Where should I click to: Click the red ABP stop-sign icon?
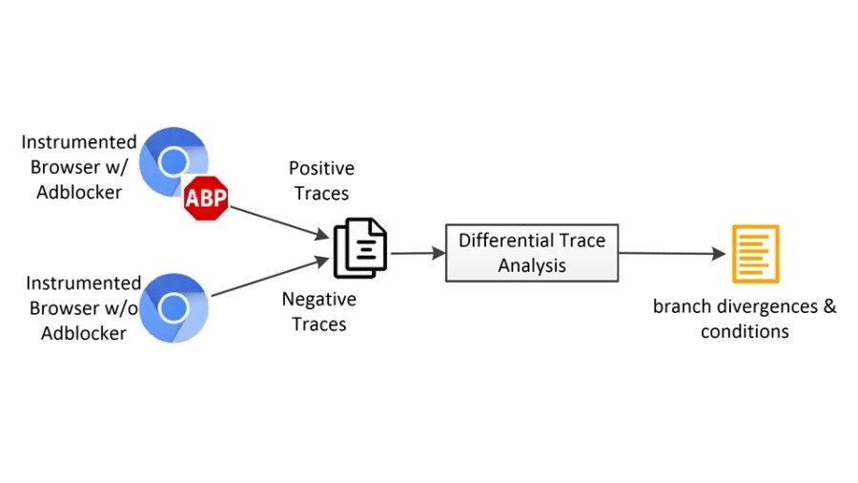coord(207,199)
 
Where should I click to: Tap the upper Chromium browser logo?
coord(173,160)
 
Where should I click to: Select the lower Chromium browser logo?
coord(173,306)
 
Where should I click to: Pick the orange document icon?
coord(755,253)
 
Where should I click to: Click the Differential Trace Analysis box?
coord(531,253)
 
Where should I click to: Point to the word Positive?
coord(321,169)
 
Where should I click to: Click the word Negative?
coord(318,300)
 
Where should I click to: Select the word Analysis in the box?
coord(532,265)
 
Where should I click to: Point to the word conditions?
coord(745,331)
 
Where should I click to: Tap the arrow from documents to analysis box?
coord(417,253)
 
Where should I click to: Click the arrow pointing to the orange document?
coord(671,254)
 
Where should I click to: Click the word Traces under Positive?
coord(321,193)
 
